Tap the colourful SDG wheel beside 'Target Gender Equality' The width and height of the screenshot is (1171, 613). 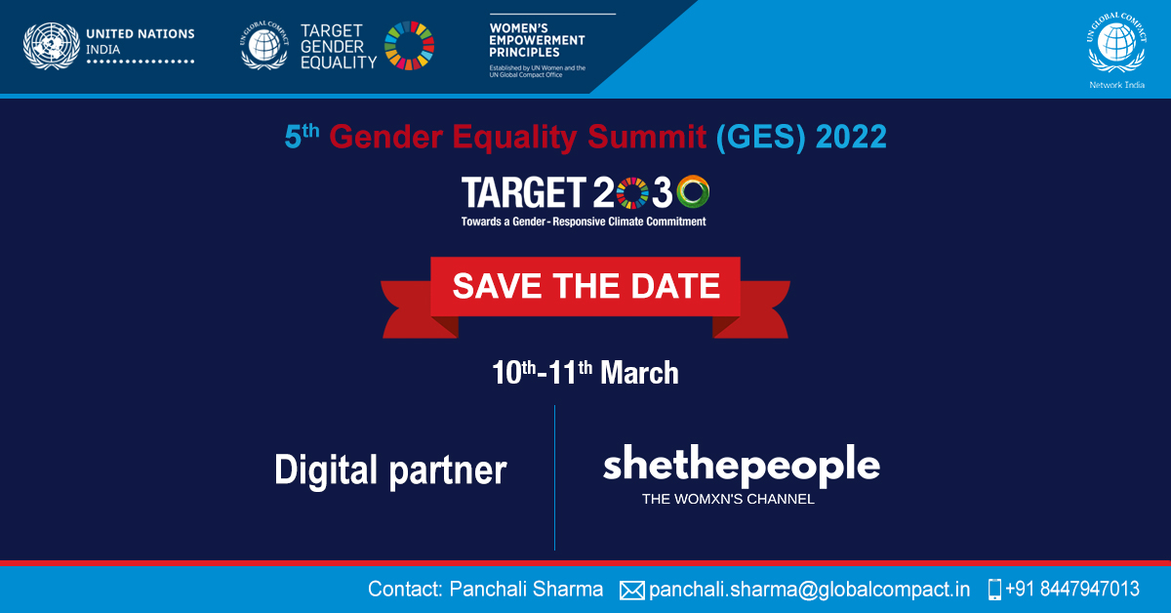click(409, 46)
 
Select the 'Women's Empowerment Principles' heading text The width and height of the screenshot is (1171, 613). click(537, 40)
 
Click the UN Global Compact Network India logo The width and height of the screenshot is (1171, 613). click(1117, 47)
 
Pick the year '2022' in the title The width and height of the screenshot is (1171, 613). click(851, 138)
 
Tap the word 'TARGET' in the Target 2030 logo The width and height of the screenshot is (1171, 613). click(523, 193)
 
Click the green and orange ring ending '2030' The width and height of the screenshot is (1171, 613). click(693, 192)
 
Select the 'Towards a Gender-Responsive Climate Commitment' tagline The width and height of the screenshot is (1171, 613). click(584, 222)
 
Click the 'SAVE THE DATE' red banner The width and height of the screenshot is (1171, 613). click(585, 286)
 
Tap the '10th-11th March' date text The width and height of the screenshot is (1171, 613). click(585, 372)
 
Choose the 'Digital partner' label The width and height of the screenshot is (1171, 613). click(390, 470)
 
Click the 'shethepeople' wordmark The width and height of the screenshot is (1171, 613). click(741, 466)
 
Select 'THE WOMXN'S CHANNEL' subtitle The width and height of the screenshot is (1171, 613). click(728, 499)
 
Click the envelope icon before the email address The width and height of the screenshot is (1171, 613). click(632, 590)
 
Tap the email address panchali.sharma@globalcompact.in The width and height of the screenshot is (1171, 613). click(809, 590)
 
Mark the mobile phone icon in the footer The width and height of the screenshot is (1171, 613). click(994, 590)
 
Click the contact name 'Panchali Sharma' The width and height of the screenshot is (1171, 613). click(526, 590)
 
